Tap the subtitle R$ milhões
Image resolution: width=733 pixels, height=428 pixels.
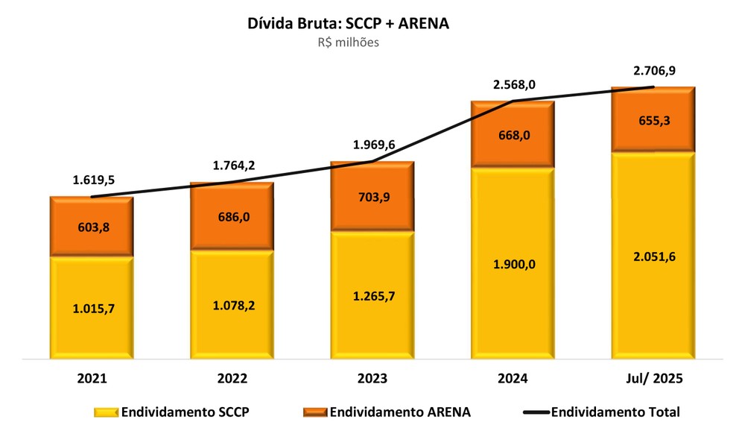tap(348, 43)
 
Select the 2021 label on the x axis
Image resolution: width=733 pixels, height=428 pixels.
tap(91, 379)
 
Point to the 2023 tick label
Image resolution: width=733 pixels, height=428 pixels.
tap(372, 379)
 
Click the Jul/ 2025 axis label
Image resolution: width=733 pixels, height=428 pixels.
tap(653, 379)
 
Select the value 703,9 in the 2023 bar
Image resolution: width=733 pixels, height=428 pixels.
tap(372, 198)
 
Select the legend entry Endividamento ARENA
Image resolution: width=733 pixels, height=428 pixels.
tap(387, 411)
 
